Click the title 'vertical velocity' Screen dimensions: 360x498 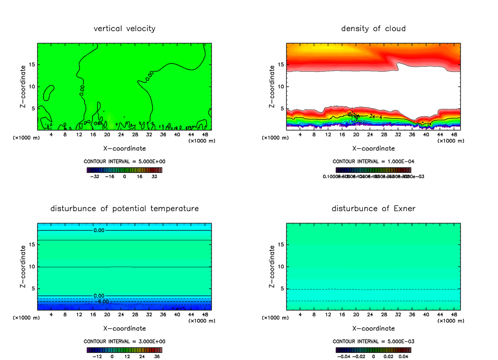(x=124, y=29)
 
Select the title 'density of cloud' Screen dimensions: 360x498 (x=373, y=29)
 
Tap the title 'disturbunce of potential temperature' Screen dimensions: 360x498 (x=124, y=208)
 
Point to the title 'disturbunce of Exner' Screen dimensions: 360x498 (x=373, y=208)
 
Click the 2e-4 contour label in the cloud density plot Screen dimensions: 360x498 (x=375, y=117)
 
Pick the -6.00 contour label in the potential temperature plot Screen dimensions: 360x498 (x=103, y=302)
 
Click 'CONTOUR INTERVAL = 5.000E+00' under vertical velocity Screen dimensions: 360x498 (x=124, y=161)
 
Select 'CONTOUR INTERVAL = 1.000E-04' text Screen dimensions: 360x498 (x=373, y=161)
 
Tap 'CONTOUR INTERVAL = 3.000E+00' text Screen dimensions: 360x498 (x=124, y=341)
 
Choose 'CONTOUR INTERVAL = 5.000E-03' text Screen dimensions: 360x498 (x=373, y=341)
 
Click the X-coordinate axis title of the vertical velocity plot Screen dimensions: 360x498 (x=124, y=148)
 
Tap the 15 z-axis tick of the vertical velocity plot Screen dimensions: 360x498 (x=32, y=65)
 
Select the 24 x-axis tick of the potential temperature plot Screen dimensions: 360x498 (x=121, y=314)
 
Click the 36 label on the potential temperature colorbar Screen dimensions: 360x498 (x=157, y=356)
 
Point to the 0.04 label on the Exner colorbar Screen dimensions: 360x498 (x=403, y=356)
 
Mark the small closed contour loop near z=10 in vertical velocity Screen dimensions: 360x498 (x=49, y=92)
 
